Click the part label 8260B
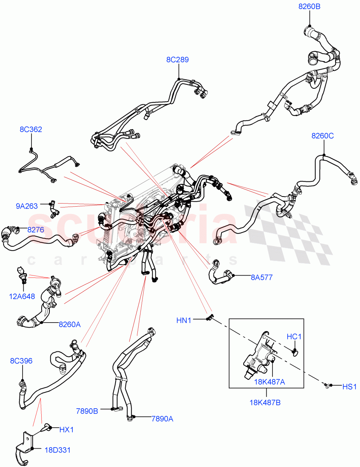[x=309, y=7]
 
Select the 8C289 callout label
[x=177, y=60]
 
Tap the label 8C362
[x=31, y=129]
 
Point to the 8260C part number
[x=322, y=136]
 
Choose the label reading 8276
[x=35, y=230]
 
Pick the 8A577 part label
[x=261, y=277]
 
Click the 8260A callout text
[x=70, y=324]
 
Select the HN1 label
[x=184, y=320]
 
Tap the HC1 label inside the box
[x=294, y=336]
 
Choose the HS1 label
[x=349, y=386]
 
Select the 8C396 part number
[x=21, y=361]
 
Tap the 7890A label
[x=162, y=419]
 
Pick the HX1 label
[x=67, y=430]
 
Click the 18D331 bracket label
[x=57, y=450]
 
